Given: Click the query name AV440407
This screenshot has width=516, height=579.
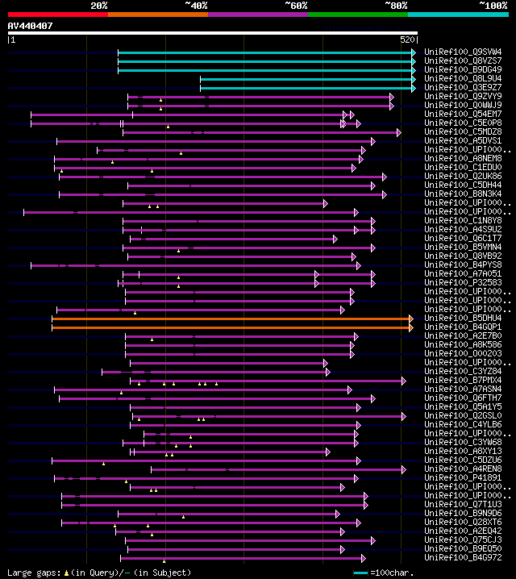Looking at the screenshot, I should (x=31, y=26).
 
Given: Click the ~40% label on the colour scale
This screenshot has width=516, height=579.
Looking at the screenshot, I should (x=196, y=5).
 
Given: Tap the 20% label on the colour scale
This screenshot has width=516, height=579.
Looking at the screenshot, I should (x=99, y=5).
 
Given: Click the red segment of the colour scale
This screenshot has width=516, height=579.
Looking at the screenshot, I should (x=57, y=14).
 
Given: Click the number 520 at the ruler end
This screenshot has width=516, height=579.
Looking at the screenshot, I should (x=407, y=39).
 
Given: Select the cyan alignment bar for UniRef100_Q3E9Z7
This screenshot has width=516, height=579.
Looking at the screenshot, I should (x=306, y=88).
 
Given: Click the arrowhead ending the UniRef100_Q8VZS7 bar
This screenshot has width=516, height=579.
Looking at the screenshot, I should (x=414, y=61).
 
